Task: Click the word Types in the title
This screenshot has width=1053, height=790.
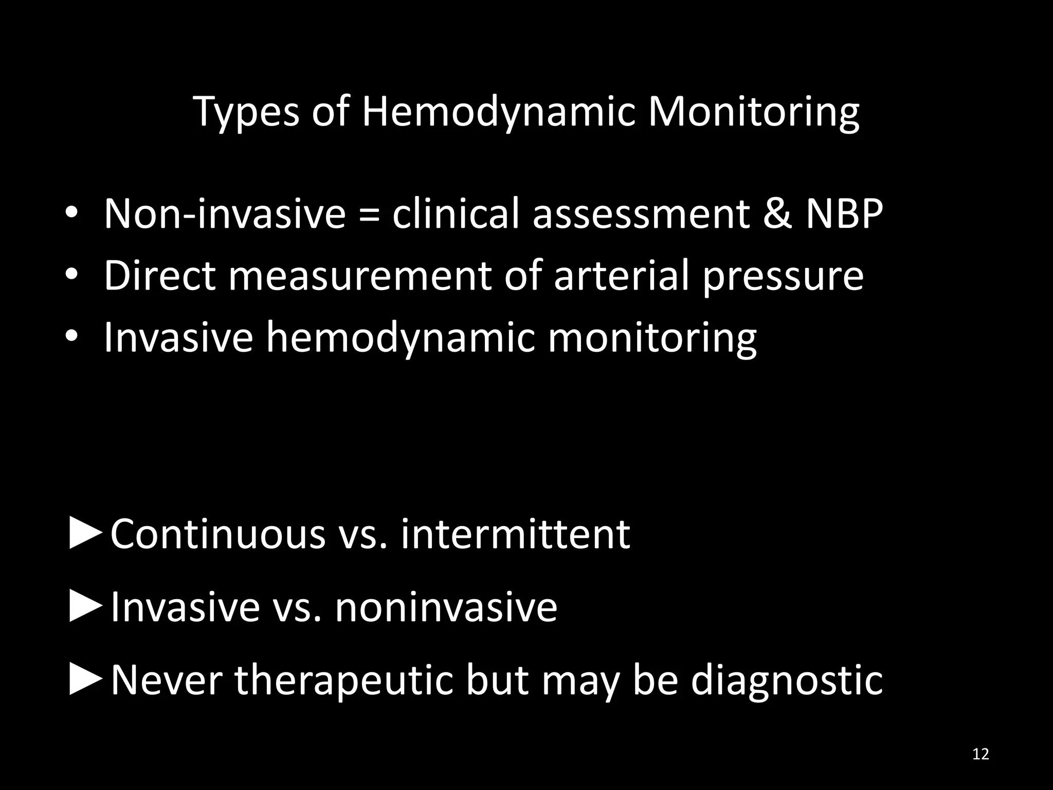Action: point(247,112)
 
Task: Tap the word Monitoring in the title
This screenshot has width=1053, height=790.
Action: point(753,112)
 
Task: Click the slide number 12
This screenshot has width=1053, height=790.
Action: point(981,754)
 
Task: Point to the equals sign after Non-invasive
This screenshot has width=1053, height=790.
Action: point(369,215)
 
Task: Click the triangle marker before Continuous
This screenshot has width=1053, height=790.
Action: point(85,535)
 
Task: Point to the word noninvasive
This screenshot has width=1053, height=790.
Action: point(446,607)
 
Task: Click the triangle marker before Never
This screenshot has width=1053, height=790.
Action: point(85,680)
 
